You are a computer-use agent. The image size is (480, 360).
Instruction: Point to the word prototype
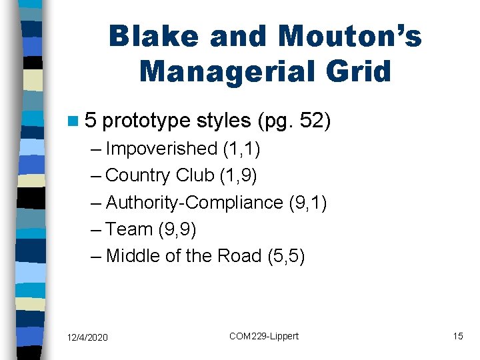coord(147,121)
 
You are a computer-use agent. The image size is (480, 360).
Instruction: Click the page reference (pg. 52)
coord(293,121)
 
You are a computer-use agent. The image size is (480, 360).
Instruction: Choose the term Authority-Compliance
coord(194,202)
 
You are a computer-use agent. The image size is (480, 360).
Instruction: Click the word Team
coord(129,229)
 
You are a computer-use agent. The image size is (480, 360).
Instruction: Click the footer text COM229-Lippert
coord(264,336)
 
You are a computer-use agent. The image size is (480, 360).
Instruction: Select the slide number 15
coord(457,336)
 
